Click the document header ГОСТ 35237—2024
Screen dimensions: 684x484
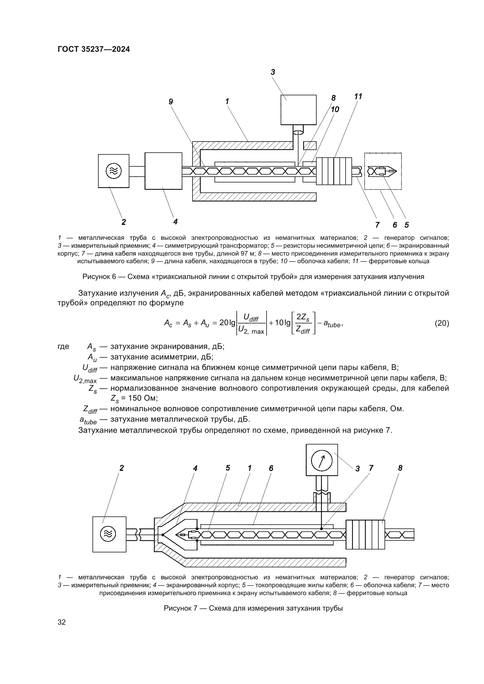pos(94,49)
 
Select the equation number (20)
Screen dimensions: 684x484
pos(442,323)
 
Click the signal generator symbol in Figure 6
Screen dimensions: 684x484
pos(114,171)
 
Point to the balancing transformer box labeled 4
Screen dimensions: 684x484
pos(163,171)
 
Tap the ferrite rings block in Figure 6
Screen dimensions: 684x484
pos(334,171)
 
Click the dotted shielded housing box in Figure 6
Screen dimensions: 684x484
pos(383,171)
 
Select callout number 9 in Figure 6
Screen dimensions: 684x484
pos(171,102)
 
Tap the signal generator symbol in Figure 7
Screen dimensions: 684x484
pos(109,534)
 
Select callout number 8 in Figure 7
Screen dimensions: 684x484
pos(400,468)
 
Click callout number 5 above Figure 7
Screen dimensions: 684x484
pos(228,468)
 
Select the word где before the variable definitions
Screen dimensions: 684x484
pos(63,347)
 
